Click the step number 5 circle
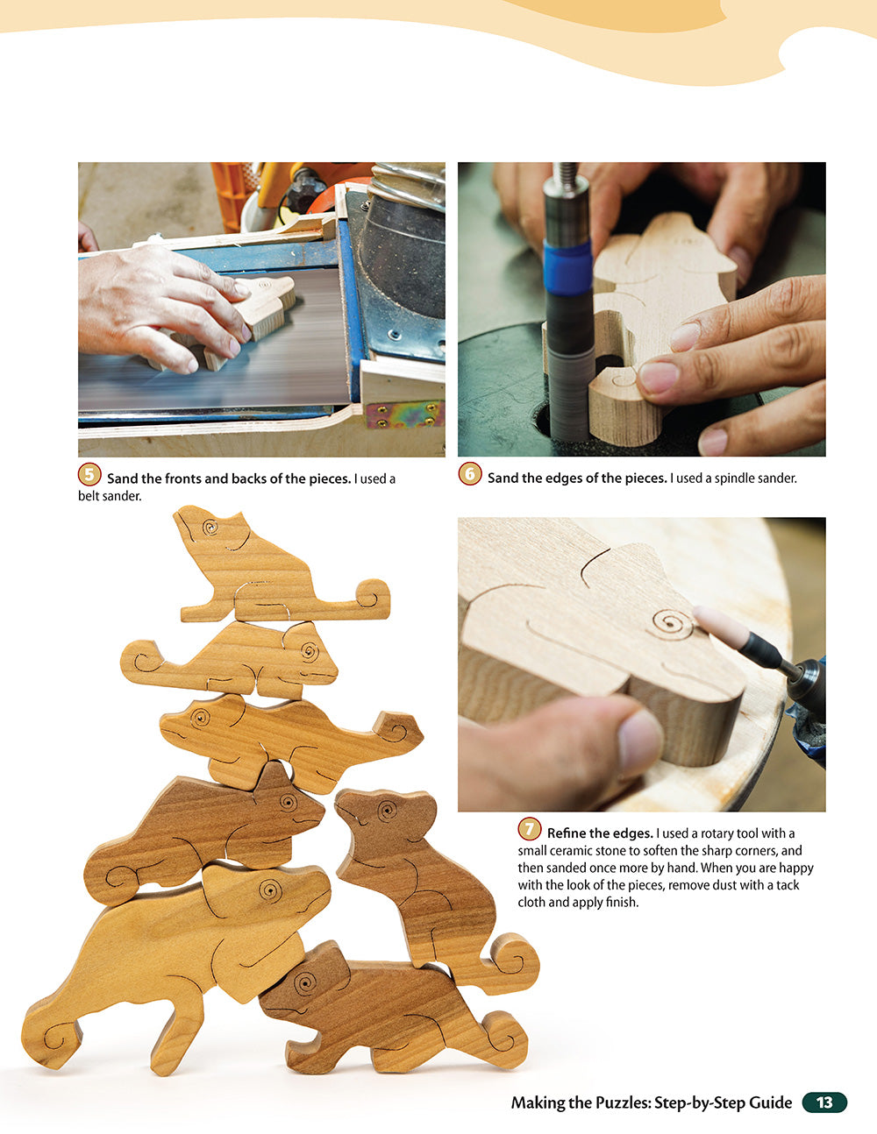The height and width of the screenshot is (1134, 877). pos(89,475)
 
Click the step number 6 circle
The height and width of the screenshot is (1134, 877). pos(470,475)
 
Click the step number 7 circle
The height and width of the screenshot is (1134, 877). pos(529,829)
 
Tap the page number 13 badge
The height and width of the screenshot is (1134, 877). pos(824,1102)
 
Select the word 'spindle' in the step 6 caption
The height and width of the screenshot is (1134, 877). pos(735,478)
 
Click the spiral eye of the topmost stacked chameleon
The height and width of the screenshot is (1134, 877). pos(210,528)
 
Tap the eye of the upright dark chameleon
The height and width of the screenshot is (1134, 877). pos(382,812)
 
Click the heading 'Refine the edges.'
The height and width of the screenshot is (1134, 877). pos(600,833)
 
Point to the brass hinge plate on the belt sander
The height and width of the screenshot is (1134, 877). pos(404,414)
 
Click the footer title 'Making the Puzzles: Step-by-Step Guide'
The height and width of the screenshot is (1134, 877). pos(651,1102)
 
